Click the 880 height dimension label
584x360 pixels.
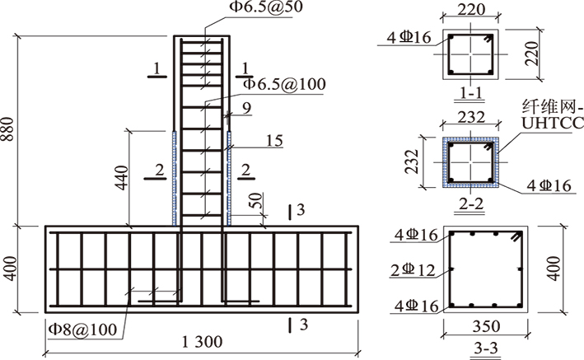[x=7, y=129]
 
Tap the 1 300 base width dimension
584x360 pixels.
[x=202, y=341]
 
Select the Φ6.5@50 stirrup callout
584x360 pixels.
[x=266, y=7]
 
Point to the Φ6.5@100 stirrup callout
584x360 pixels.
[x=284, y=84]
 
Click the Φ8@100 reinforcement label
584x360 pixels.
[x=82, y=329]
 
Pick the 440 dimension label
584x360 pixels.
[x=122, y=178]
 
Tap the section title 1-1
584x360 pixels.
[x=471, y=92]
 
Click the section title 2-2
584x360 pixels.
[x=471, y=203]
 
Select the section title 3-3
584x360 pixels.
[x=486, y=348]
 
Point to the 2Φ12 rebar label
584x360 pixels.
[x=413, y=270]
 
